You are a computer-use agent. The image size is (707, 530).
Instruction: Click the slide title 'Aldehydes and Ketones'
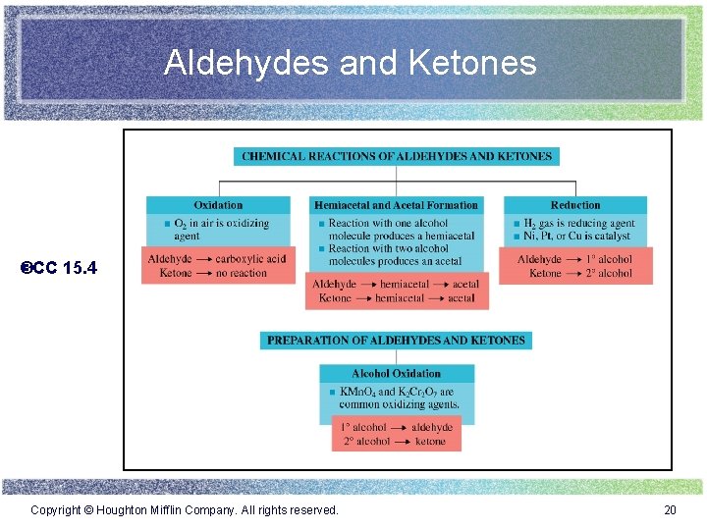pos(351,63)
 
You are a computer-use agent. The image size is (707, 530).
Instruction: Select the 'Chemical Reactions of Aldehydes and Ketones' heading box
pos(397,156)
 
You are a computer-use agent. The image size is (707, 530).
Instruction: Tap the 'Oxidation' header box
pos(218,205)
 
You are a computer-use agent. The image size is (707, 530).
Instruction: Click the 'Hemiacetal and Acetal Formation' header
pos(396,205)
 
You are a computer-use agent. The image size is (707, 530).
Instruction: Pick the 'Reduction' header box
pos(575,205)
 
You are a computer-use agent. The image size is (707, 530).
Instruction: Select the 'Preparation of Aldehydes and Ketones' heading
pos(396,341)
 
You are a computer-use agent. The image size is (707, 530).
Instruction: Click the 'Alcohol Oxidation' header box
pos(396,373)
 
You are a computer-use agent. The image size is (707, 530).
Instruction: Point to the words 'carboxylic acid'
pos(251,259)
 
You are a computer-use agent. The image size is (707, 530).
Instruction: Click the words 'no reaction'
pos(242,273)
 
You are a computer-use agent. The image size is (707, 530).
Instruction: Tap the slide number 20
pos(671,509)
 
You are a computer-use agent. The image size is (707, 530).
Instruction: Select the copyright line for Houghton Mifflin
pos(185,509)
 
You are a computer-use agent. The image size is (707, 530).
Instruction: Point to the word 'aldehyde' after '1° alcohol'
pos(432,428)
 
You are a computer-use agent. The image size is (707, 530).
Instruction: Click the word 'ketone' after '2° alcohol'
pos(430,442)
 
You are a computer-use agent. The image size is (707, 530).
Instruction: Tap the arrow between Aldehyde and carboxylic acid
pos(203,259)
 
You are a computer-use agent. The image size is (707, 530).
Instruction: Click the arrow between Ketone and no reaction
pos(203,273)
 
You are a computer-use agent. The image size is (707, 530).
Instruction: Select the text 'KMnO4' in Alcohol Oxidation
pos(357,392)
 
